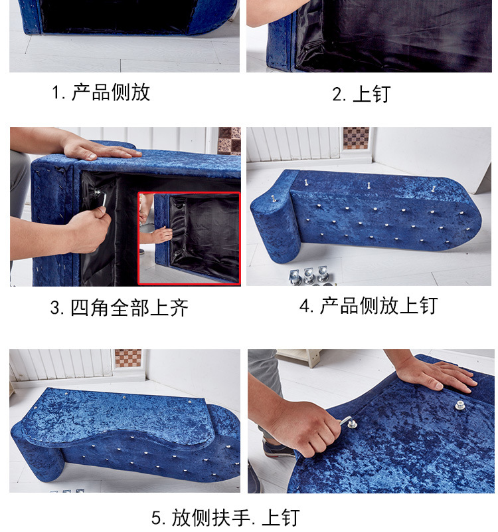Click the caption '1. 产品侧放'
pyautogui.click(x=101, y=92)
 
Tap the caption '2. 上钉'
pyautogui.click(x=361, y=94)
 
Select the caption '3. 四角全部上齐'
pyautogui.click(x=120, y=308)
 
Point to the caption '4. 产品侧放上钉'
pyautogui.click(x=369, y=305)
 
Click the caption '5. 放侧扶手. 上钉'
pyautogui.click(x=226, y=517)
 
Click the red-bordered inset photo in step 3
pyautogui.click(x=189, y=239)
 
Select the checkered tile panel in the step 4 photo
pyautogui.click(x=356, y=138)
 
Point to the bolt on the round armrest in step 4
pyautogui.click(x=273, y=198)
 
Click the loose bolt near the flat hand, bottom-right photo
pyautogui.click(x=459, y=405)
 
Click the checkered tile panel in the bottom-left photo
pyautogui.click(x=128, y=358)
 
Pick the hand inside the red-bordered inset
pyautogui.click(x=162, y=235)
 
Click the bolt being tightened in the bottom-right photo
pyautogui.click(x=352, y=423)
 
